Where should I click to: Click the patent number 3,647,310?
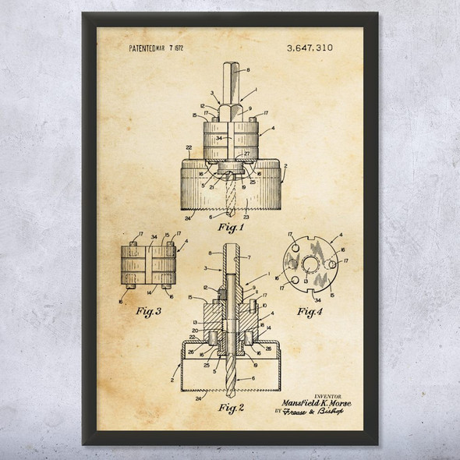click(309, 48)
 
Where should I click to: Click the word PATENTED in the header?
click(144, 48)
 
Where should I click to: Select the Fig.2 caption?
click(231, 406)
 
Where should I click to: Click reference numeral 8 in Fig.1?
click(248, 70)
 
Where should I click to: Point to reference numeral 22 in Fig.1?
click(189, 147)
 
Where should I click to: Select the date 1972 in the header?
click(178, 48)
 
